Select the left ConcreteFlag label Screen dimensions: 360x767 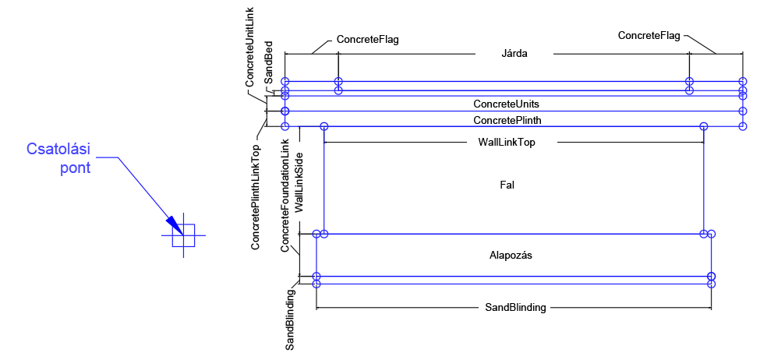coord(368,39)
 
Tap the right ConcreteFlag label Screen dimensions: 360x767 coord(649,35)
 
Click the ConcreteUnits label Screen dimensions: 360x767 coord(506,104)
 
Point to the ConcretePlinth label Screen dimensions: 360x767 coord(507,120)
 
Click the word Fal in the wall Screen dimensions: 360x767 coord(507,185)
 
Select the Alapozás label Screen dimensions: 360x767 coord(511,255)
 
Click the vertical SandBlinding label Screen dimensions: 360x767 coord(290,319)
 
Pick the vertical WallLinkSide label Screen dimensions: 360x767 coord(300,188)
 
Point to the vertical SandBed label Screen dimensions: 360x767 coord(267,62)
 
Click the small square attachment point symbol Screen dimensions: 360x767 coord(183,235)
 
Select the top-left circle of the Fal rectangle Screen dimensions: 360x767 coord(324,126)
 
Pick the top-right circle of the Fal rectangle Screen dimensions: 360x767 coord(703,126)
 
